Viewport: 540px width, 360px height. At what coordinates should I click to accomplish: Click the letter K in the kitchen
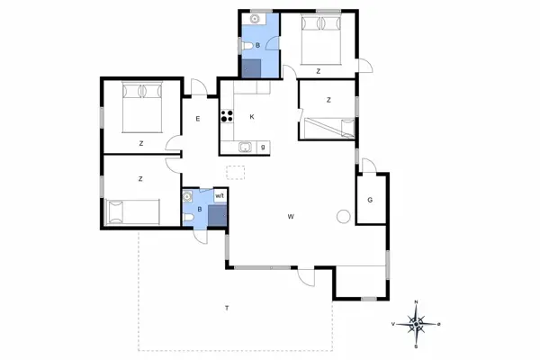pos(252,117)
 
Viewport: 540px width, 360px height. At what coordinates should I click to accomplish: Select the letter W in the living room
pos(291,217)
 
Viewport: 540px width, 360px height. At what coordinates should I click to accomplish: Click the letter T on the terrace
pos(227,310)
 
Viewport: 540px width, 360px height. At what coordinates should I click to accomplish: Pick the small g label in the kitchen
pos(263,147)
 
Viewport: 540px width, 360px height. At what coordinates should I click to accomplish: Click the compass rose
pos(416,322)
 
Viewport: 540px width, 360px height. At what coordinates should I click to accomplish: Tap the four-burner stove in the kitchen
pos(227,115)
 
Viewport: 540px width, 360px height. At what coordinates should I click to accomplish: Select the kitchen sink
pos(244,147)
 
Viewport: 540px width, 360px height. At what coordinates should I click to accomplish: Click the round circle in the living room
pos(342,216)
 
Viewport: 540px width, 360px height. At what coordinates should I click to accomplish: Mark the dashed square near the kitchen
pos(236,175)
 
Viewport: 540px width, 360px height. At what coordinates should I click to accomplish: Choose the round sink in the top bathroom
pos(256,18)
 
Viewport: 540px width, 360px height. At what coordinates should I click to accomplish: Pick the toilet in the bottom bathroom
pos(189,215)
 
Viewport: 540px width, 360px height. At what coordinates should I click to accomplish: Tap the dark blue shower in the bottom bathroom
pos(216,215)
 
